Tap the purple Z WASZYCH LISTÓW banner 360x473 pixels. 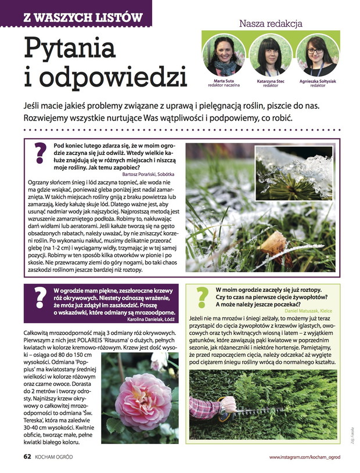(75, 13)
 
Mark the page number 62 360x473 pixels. (27, 457)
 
